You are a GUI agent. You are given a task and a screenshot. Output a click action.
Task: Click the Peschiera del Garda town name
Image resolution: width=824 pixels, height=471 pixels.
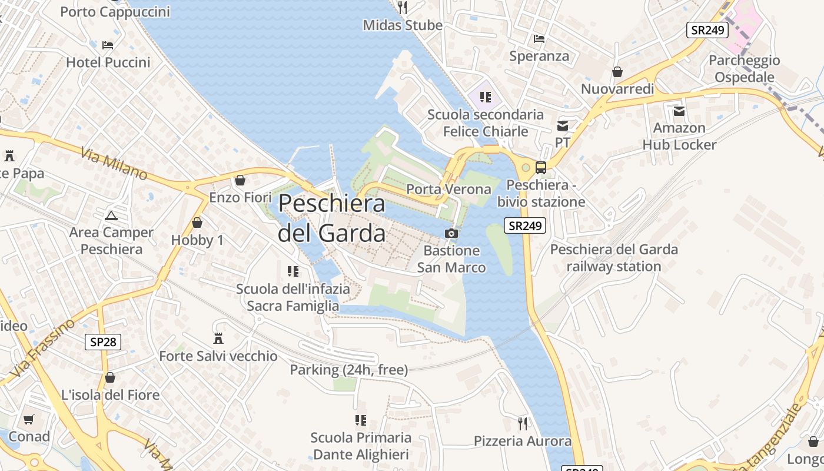331,218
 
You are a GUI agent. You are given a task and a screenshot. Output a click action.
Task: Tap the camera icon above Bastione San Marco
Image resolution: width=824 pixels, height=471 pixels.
451,234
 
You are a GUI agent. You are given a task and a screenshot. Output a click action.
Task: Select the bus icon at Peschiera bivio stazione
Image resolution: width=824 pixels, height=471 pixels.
541,168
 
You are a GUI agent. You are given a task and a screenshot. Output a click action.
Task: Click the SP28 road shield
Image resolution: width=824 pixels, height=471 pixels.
103,341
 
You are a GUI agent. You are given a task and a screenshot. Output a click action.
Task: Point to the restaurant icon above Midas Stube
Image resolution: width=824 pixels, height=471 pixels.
403,8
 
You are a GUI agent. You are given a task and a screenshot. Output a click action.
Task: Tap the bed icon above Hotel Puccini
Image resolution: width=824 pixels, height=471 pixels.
108,45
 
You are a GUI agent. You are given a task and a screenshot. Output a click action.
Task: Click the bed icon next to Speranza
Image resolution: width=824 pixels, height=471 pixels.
539,39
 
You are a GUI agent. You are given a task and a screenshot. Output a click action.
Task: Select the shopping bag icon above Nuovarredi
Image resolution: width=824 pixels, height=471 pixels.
617,72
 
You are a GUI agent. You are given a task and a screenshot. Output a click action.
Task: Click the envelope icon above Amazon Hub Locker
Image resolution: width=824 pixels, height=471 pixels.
679,111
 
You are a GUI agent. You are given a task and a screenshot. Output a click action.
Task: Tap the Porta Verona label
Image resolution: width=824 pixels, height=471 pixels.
448,189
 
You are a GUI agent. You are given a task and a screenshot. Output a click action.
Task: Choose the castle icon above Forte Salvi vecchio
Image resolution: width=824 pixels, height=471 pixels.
218,339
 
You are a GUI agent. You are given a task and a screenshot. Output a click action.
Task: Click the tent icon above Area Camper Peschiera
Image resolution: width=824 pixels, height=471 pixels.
111,215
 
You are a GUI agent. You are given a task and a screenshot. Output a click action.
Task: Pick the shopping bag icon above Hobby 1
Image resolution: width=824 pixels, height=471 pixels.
197,223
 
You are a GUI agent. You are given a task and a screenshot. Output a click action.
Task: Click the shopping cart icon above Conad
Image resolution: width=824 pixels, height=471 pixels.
29,419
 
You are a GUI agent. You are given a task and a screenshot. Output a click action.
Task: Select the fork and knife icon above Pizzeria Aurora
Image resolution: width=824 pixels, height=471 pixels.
522,423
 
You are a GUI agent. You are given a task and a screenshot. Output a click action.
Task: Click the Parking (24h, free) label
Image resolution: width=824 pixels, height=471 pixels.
349,370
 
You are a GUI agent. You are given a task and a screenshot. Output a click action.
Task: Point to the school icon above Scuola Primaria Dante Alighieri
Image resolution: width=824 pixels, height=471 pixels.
361,420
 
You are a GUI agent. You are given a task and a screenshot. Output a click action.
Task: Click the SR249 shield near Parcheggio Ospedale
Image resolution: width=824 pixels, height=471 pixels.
707,30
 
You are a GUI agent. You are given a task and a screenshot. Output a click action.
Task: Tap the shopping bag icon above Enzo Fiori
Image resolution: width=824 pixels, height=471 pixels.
240,180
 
